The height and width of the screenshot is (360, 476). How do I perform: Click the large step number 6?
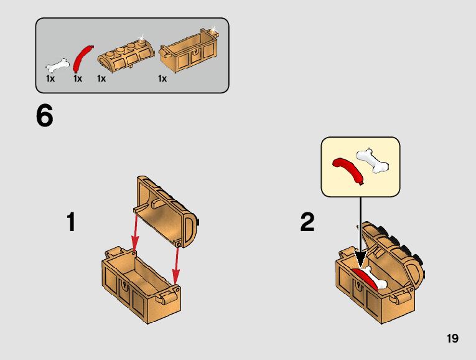[x=45, y=116]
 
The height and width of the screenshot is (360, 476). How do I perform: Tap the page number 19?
[x=452, y=338]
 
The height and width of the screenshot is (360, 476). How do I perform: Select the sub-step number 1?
[x=71, y=222]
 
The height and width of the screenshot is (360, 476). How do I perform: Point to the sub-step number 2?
[x=307, y=222]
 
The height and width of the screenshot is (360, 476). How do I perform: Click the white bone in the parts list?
[x=58, y=65]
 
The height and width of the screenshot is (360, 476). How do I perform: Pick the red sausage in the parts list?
[x=83, y=59]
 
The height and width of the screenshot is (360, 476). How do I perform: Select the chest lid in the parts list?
[x=125, y=55]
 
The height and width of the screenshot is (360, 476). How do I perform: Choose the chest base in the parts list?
[x=189, y=50]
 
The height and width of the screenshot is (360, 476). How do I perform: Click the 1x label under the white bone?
[x=50, y=78]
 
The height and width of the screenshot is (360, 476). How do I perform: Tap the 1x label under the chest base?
[x=162, y=78]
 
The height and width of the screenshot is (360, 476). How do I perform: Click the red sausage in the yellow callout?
[x=348, y=170]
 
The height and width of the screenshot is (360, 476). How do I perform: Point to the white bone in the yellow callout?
[x=373, y=161]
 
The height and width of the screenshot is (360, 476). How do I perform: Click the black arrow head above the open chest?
[x=360, y=259]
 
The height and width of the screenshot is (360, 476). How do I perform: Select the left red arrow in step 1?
[x=134, y=232]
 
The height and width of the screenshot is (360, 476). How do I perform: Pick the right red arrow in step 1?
[x=176, y=267]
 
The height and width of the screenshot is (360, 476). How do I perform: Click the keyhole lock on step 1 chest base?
[x=124, y=286]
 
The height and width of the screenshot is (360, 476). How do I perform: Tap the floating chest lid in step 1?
[x=166, y=211]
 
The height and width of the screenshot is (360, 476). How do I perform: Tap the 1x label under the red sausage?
[x=78, y=78]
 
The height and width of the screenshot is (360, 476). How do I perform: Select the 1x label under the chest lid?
[x=101, y=78]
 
